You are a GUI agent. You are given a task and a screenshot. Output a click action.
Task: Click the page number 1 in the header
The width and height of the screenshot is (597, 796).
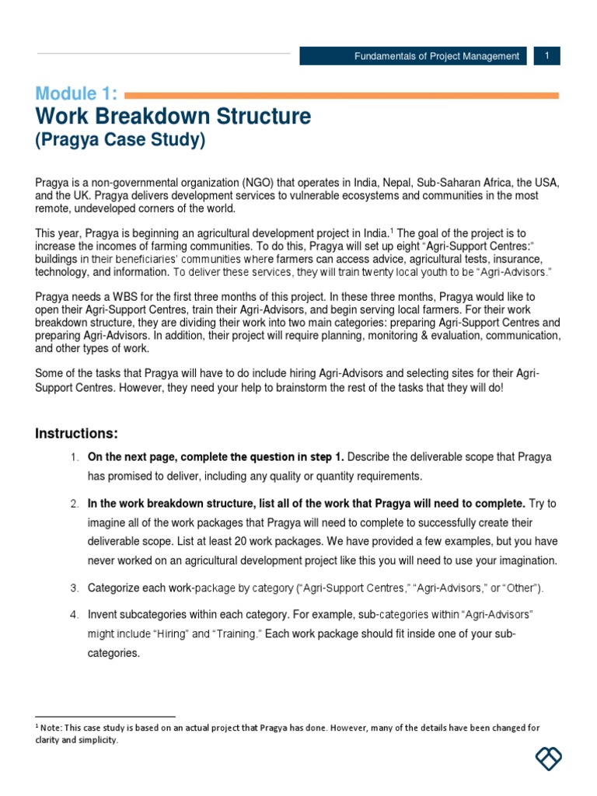click(547, 56)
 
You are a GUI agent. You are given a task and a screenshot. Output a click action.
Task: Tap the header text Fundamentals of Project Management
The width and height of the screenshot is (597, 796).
click(436, 56)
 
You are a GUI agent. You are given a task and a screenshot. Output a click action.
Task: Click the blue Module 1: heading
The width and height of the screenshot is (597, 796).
click(76, 94)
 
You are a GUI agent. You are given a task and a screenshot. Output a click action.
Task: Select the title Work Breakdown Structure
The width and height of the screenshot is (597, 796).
click(173, 117)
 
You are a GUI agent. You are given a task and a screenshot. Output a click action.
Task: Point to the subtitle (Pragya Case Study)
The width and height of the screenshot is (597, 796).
click(120, 141)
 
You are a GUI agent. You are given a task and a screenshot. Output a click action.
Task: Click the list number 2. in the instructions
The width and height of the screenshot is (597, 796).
click(75, 504)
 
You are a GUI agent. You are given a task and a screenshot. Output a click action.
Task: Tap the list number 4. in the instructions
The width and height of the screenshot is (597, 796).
click(75, 614)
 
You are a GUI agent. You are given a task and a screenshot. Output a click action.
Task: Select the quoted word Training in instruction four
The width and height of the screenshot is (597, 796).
click(237, 634)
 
